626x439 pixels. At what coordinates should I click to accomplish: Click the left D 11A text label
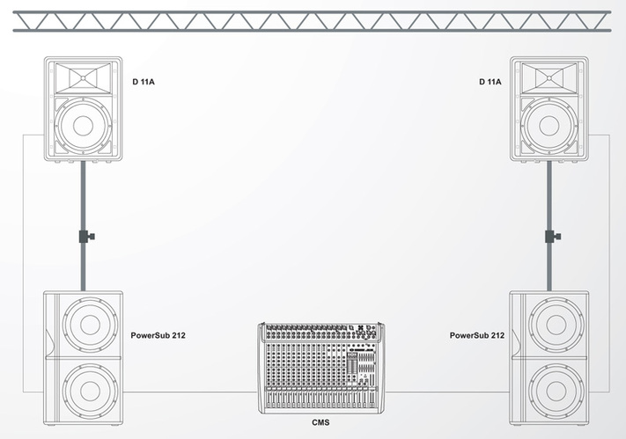coord(144,82)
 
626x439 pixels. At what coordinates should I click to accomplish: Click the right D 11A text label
coord(490,82)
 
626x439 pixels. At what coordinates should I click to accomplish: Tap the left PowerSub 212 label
coord(158,335)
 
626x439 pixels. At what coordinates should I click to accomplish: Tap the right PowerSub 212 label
coord(477,335)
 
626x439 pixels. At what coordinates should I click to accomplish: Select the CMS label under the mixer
coord(320,422)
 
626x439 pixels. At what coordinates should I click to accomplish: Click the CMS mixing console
coord(321,368)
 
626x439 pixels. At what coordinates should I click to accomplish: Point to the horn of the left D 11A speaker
coord(83,77)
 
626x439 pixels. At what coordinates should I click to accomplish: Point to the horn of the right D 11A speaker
coord(549,77)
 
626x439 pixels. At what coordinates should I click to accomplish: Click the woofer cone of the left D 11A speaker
coord(83,126)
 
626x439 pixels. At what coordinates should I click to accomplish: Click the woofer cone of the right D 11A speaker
coord(549,126)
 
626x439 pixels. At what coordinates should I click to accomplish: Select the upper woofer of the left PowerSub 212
coord(90,324)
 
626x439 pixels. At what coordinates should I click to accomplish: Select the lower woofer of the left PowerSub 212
coord(90,391)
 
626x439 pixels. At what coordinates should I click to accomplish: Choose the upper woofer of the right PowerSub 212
coord(556,324)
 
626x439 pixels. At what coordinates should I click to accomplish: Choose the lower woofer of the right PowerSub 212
coord(556,391)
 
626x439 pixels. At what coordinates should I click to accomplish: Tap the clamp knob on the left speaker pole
coord(92,237)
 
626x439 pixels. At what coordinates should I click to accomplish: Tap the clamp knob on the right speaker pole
coord(558,237)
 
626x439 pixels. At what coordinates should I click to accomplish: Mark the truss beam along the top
coord(312,21)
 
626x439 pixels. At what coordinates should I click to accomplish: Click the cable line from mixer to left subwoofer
coord(191,391)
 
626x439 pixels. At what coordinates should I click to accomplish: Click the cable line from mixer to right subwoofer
coord(447,391)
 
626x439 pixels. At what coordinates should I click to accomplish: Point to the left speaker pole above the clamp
coord(83,195)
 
